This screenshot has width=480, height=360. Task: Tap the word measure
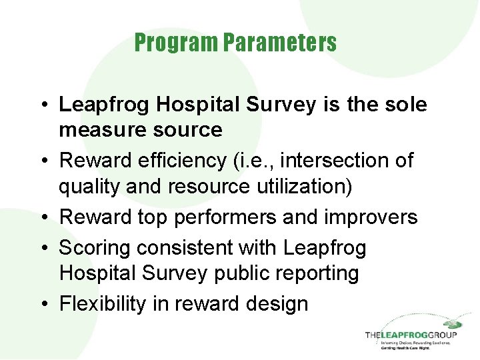pos(101,129)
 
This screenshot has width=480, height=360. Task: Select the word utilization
pos(294,186)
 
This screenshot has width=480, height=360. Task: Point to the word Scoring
pos(95,248)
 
